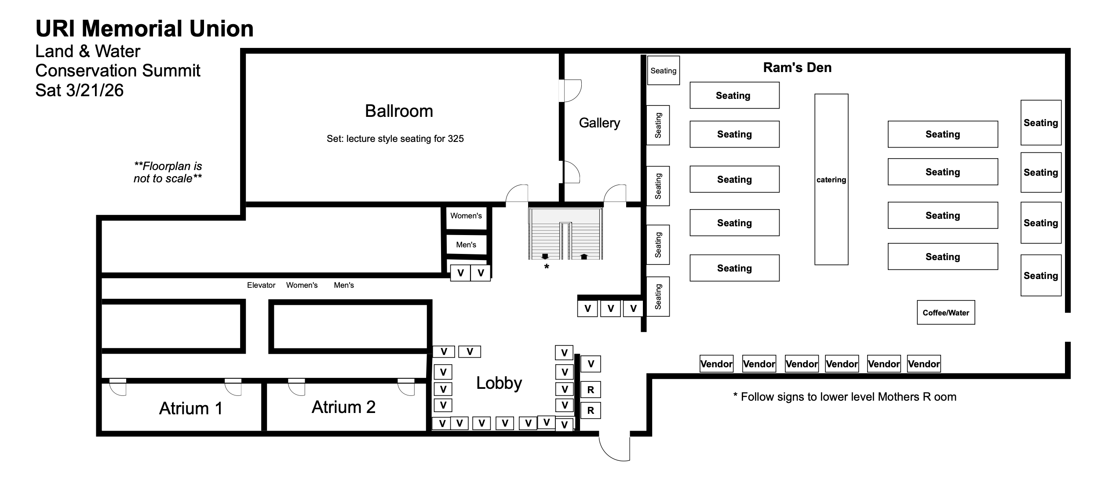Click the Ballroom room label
click(399, 111)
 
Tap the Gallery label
click(599, 123)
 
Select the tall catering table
click(831, 179)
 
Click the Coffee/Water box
click(946, 313)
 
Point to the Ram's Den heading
click(797, 68)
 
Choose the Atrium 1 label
click(190, 409)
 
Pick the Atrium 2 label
click(343, 407)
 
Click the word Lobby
click(499, 383)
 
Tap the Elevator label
click(261, 286)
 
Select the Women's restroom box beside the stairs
click(466, 216)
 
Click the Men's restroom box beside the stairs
click(466, 245)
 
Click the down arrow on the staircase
click(545, 256)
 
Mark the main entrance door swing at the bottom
click(614, 448)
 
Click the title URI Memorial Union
click(144, 29)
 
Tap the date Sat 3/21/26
click(79, 91)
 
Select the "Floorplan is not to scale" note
click(168, 173)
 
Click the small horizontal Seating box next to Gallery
click(664, 71)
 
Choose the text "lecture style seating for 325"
click(395, 139)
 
